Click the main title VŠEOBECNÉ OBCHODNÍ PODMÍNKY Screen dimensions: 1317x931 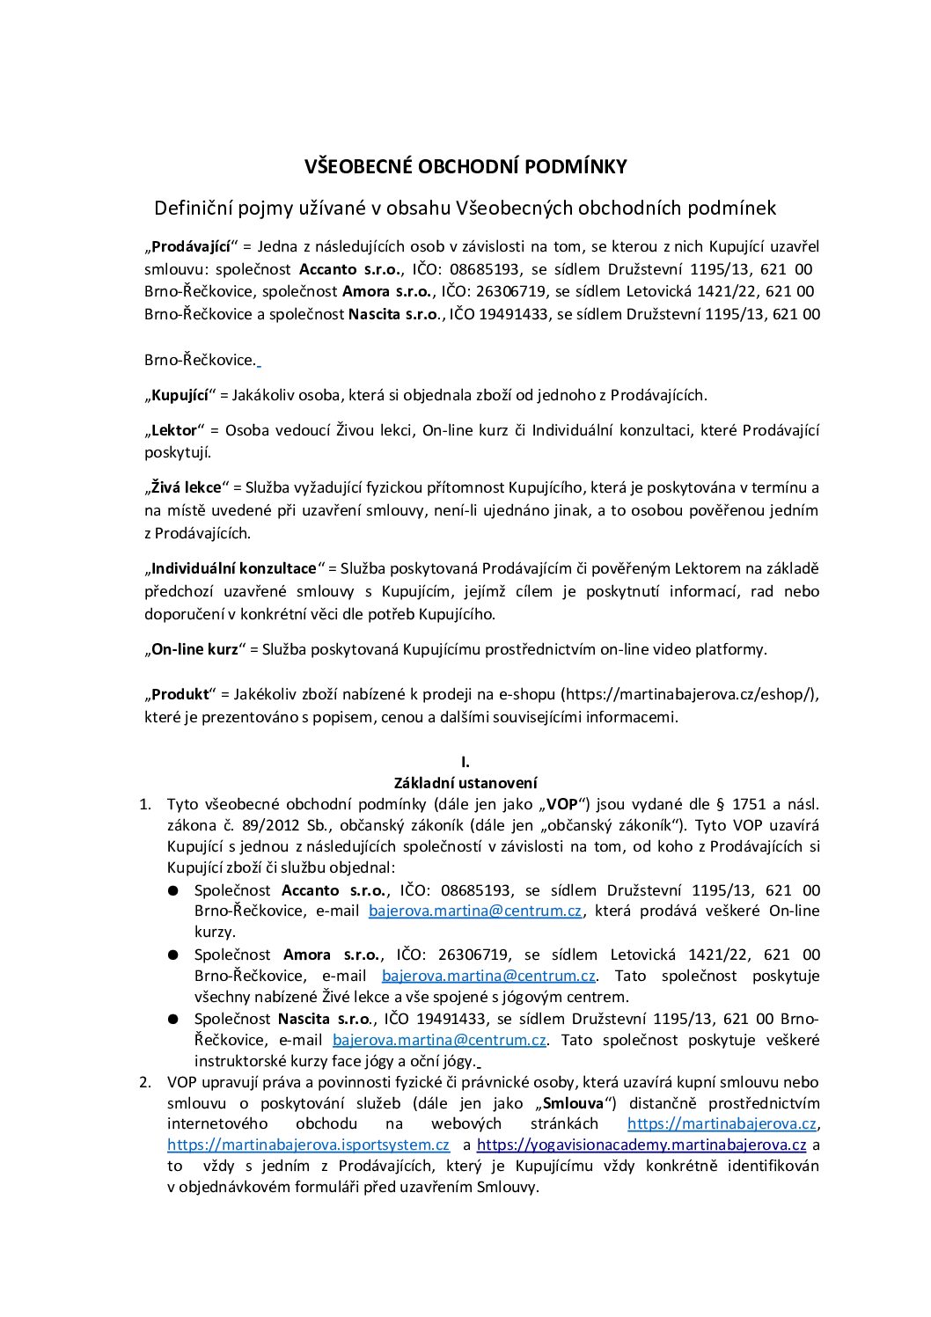pyautogui.click(x=465, y=167)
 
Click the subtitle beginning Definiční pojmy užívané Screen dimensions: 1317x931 pyautogui.click(x=465, y=209)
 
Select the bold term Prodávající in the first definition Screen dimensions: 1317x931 pyautogui.click(x=191, y=246)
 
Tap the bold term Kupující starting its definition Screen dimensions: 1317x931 pyautogui.click(x=180, y=396)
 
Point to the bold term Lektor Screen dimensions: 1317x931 pyautogui.click(x=174, y=431)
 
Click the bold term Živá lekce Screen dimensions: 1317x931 pyautogui.click(x=187, y=487)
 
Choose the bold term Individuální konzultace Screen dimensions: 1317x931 pyautogui.click(x=234, y=569)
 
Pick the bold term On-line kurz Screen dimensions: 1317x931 pyautogui.click(x=195, y=649)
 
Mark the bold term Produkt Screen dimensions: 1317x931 pyautogui.click(x=180, y=694)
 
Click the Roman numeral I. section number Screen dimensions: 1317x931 pyautogui.click(x=465, y=762)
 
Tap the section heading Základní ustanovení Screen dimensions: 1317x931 pyautogui.click(x=465, y=783)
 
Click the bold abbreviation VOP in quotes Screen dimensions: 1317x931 pyautogui.click(x=562, y=804)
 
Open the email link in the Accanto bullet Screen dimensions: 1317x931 pyautogui.click(x=475, y=911)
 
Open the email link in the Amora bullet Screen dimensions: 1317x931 pyautogui.click(x=488, y=976)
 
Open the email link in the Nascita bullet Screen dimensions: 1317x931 pyautogui.click(x=439, y=1040)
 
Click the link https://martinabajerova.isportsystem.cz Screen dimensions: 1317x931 pyautogui.click(x=308, y=1145)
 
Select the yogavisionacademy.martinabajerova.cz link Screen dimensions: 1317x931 pyautogui.click(x=641, y=1145)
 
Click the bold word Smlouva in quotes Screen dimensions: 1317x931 pyautogui.click(x=573, y=1103)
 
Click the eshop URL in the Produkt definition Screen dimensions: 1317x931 pyautogui.click(x=688, y=694)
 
